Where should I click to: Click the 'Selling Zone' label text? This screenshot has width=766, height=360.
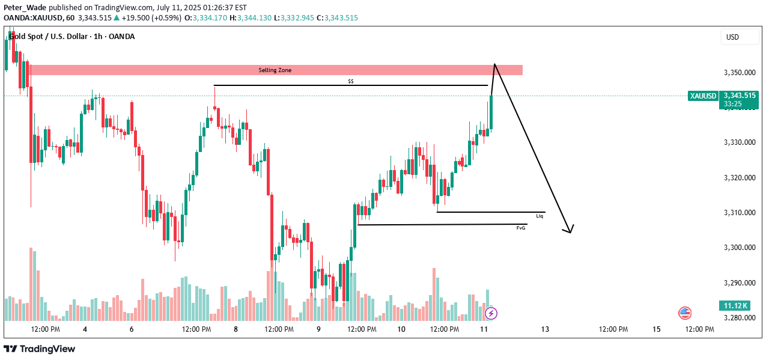click(x=275, y=70)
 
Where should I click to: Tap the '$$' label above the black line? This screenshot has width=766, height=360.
click(x=351, y=81)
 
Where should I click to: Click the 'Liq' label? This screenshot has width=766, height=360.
click(x=540, y=215)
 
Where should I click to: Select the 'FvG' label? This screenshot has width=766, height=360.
click(x=521, y=228)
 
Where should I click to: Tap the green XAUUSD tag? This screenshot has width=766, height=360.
click(x=703, y=96)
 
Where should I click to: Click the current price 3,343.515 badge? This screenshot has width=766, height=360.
click(x=740, y=96)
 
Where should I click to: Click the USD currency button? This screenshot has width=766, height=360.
click(x=732, y=37)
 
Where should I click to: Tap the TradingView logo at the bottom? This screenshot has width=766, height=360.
click(x=40, y=349)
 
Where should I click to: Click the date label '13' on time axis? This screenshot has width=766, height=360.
click(x=545, y=329)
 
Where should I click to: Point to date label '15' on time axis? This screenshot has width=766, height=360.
click(x=656, y=329)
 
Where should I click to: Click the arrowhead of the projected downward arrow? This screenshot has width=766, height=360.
click(x=569, y=231)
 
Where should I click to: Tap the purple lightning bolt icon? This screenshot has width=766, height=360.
click(x=491, y=313)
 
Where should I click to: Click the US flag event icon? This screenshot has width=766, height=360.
click(x=685, y=313)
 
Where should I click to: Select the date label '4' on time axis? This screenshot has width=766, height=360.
click(x=85, y=329)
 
